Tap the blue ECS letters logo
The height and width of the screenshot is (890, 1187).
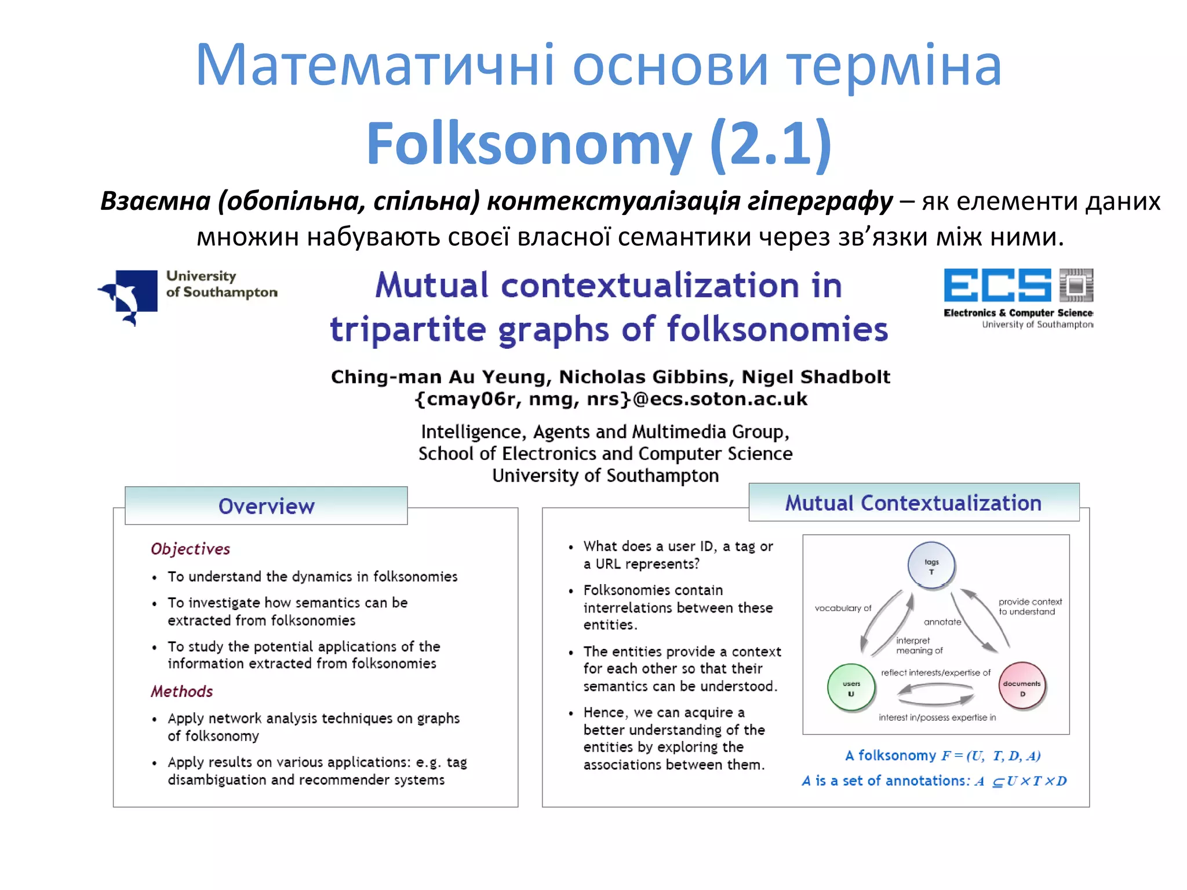[997, 285]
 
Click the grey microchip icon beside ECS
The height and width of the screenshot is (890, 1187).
[1076, 285]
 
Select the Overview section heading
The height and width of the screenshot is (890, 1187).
[266, 506]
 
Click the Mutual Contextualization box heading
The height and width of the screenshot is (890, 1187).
[913, 503]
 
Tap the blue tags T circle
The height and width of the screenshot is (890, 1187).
[931, 566]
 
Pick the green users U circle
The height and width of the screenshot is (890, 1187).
[851, 688]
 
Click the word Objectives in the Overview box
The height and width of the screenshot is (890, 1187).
[190, 549]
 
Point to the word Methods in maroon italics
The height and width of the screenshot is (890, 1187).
[181, 691]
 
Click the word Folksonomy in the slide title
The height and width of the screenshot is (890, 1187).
[529, 144]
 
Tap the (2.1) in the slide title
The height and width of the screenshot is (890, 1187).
[771, 144]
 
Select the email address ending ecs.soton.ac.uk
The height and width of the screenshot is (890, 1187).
[611, 399]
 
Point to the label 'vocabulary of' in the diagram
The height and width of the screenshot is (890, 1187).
[843, 608]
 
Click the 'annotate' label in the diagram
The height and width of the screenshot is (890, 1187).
[942, 622]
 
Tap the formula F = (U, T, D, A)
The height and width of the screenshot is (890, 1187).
[991, 756]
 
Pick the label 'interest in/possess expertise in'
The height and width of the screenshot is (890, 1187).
[937, 717]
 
